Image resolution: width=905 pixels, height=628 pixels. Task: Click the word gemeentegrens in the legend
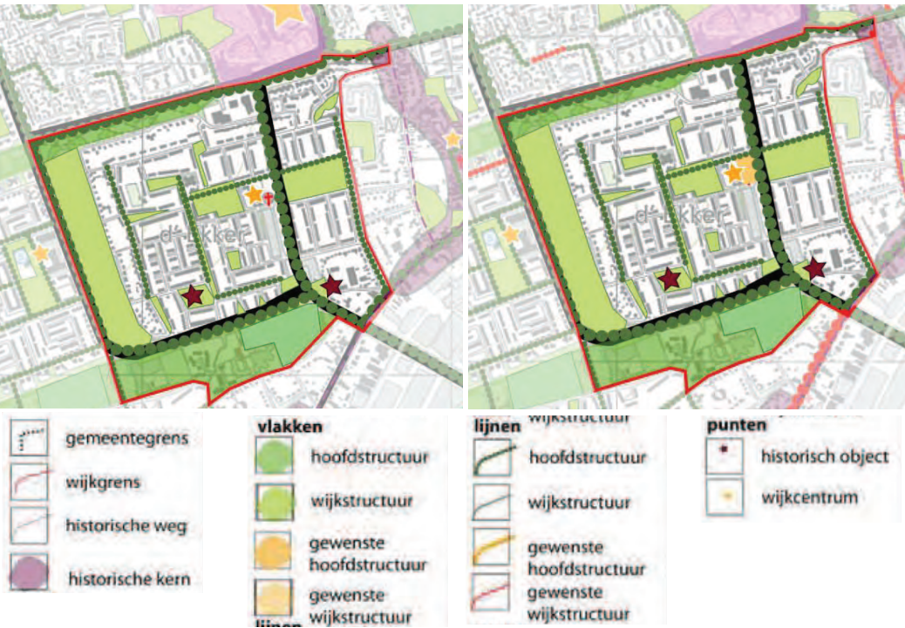pos(126,438)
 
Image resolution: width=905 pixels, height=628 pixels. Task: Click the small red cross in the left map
pos(269,199)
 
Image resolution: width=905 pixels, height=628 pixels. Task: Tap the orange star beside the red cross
pos(254,195)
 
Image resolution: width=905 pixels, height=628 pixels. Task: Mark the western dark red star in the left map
pos(193,296)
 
